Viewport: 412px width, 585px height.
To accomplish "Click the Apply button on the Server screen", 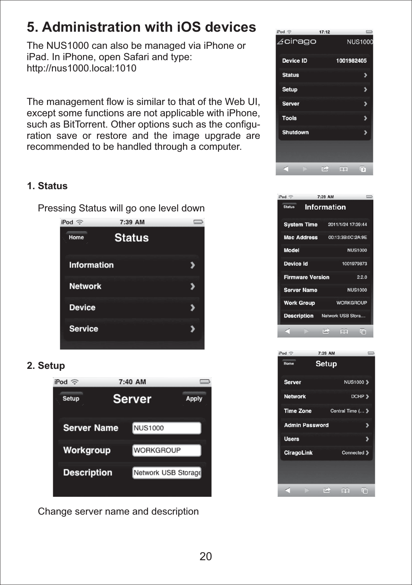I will click(194, 398).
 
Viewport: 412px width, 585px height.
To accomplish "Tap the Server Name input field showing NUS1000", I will click(167, 428).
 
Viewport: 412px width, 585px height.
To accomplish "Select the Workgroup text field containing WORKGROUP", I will click(167, 450).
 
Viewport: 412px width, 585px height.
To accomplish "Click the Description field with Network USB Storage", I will click(167, 473).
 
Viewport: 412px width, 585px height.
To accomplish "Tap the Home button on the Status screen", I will click(76, 237).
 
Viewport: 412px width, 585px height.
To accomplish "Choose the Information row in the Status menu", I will click(132, 265).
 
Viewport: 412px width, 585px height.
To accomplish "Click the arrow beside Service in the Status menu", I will click(193, 329).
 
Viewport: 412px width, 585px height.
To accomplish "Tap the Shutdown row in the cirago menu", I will click(324, 132).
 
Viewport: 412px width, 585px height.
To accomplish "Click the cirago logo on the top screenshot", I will click(297, 42).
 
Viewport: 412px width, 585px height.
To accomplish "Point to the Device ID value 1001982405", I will click(351, 61).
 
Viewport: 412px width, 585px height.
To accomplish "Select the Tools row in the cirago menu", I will click(324, 118).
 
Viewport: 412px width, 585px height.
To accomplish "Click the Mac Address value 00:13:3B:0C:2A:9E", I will click(347, 237).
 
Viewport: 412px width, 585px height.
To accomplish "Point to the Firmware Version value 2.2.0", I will click(362, 277).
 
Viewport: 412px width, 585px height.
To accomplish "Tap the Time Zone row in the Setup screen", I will click(326, 411).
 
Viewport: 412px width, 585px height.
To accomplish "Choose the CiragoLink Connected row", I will click(326, 453).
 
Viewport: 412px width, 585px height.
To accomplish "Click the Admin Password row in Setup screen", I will click(326, 425).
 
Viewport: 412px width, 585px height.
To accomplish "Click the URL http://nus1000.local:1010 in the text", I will click(82, 68).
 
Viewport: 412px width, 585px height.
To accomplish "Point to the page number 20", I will click(206, 556).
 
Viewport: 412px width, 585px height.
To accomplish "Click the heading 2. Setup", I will click(46, 366).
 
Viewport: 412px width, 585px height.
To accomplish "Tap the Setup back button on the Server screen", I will click(71, 398).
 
